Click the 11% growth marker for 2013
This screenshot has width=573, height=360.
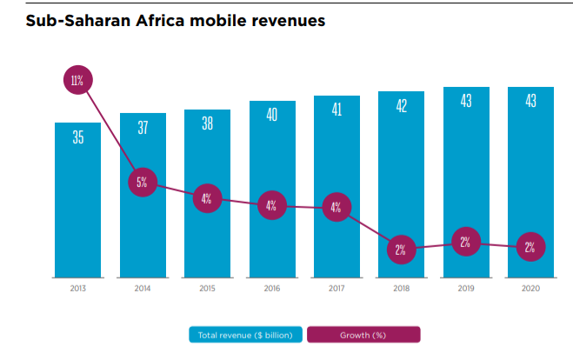pos(77,81)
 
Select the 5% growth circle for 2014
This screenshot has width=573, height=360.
pos(142,183)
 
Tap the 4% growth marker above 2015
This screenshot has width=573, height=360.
pos(207,198)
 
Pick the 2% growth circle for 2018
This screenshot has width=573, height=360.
pos(401,250)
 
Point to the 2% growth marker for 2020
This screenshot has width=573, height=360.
pos(530,247)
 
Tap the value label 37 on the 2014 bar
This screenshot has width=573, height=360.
pos(142,128)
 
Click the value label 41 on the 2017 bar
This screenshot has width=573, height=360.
pos(336,110)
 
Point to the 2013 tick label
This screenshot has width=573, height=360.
pos(77,287)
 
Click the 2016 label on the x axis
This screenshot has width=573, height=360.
pos(271,287)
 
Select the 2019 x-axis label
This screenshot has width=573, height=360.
pos(465,287)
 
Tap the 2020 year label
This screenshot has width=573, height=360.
pos(530,287)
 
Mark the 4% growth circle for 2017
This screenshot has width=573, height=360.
pos(336,208)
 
